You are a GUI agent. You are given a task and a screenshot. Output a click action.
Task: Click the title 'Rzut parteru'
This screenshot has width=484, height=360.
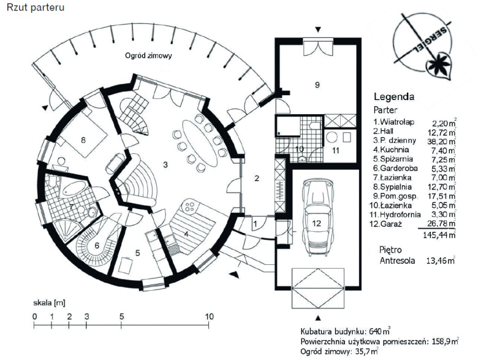coord(34,9)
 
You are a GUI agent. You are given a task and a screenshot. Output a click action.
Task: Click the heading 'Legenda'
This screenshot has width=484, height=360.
coord(394,96)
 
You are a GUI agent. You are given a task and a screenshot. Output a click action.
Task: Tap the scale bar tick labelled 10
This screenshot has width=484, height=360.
coord(210,316)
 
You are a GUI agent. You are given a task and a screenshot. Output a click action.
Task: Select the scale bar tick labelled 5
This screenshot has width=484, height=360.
coord(122,316)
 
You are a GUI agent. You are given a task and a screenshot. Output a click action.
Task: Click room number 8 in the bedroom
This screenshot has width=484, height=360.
coord(82,140)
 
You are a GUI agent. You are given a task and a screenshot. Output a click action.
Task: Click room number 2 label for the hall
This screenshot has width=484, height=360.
coord(257,178)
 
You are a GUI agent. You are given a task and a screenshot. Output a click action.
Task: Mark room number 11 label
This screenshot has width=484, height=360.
coord(336,149)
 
